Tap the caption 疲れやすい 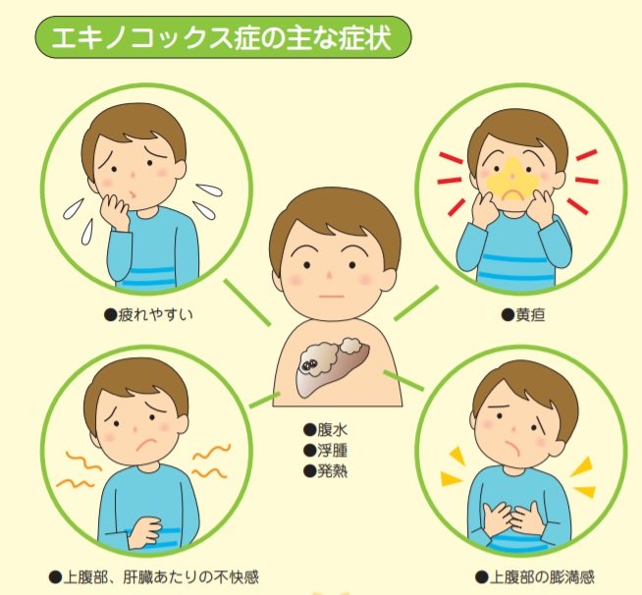(144, 315)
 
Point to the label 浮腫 (326, 450)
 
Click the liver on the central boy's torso (334, 364)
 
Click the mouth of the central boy (334, 296)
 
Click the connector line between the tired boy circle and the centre (245, 301)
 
